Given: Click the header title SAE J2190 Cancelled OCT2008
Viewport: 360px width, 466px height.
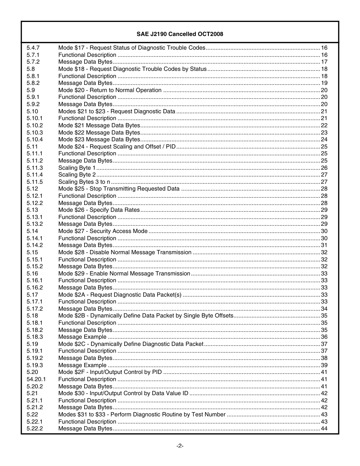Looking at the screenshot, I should coord(180,34).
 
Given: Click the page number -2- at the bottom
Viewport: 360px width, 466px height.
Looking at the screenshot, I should coord(180,446).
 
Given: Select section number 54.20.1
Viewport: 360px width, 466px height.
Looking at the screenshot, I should coord(36,379).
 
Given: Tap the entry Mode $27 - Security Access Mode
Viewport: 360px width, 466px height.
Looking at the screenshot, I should coord(103,231).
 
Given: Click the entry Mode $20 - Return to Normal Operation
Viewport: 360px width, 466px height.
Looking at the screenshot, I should coord(110,90).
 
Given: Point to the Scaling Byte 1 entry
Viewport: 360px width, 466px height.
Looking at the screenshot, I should coord(77,168).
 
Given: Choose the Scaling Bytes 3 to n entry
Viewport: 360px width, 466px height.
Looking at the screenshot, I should coord(84,182).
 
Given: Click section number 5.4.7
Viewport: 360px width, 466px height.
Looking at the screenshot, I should coord(33,48).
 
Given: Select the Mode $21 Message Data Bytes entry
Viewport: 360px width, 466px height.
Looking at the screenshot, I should coord(99,125).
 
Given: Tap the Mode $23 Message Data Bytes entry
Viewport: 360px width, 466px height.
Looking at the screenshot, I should coord(99,139).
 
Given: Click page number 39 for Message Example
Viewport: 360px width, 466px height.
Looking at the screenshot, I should coord(324,365).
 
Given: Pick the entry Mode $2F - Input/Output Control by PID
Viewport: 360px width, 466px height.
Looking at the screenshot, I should coord(110,372).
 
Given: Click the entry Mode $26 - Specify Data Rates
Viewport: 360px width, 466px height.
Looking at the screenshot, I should coord(99,210).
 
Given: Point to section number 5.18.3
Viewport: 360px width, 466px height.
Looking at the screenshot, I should coord(35,337).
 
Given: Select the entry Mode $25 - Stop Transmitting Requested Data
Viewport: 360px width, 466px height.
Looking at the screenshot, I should coord(119,189).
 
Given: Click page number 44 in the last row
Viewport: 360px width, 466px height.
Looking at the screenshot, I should coord(324,428).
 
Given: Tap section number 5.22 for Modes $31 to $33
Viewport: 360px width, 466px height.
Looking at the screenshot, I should coord(32,414).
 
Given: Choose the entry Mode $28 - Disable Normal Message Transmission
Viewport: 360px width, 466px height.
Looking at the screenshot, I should coord(125,252).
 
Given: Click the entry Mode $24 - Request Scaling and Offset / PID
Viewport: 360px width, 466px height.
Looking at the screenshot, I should coord(117,147).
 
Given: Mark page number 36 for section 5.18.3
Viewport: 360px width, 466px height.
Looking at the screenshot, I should coord(324,337).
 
